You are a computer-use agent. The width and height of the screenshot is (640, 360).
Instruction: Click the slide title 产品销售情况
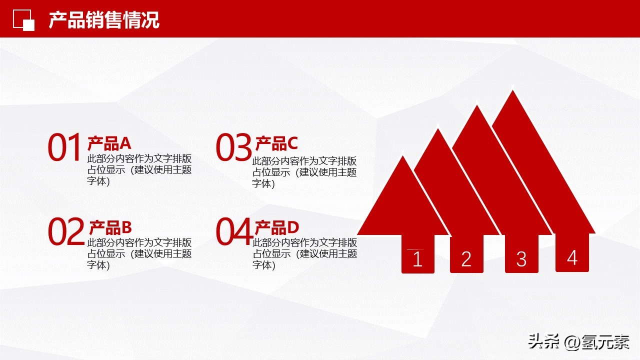point(104,20)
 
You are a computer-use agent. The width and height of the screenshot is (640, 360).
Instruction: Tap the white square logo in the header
point(23,20)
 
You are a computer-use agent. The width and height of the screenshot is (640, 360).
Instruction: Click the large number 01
point(65,147)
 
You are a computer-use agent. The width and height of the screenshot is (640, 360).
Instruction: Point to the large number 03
point(233,147)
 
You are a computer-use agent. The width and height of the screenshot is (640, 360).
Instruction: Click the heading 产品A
point(109,143)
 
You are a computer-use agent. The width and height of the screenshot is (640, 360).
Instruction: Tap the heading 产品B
point(110,227)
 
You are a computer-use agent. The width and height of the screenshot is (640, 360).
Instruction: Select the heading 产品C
point(276,143)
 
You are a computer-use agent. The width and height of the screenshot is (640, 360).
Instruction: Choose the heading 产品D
point(277,227)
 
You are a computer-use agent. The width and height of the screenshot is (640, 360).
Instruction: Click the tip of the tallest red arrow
point(512,91)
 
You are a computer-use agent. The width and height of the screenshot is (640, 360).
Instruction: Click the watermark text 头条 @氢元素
point(578,342)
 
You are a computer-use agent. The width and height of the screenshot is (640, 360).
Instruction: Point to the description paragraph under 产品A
point(139,170)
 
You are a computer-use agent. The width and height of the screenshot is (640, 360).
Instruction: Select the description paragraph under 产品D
point(304,254)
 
